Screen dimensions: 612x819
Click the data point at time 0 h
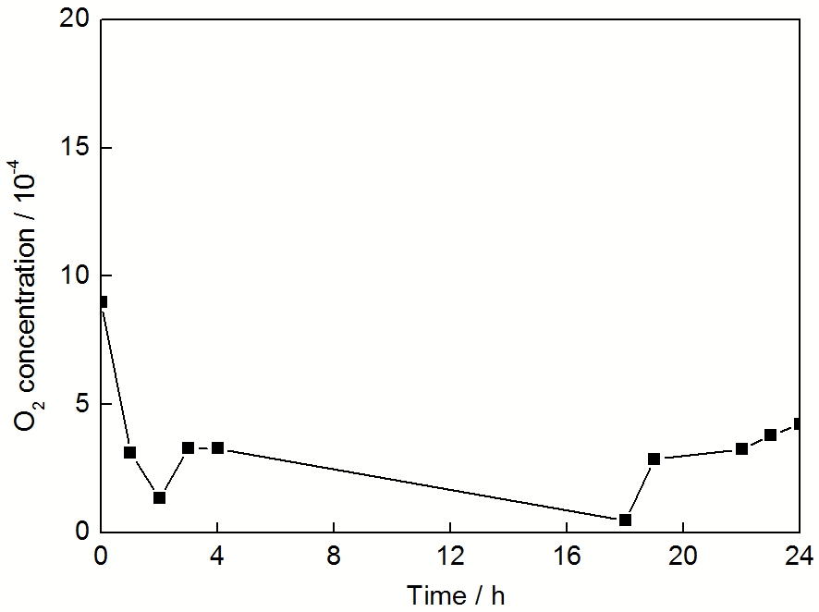(x=102, y=301)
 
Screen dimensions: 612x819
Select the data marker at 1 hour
(x=130, y=452)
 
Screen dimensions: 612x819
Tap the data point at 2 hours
(x=159, y=497)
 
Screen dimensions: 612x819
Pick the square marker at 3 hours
(x=189, y=447)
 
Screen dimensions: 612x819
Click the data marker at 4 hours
(x=217, y=447)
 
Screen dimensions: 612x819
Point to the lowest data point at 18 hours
(x=625, y=520)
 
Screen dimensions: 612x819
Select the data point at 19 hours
(x=654, y=459)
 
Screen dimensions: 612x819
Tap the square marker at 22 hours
(x=741, y=448)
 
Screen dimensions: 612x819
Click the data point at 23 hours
(x=770, y=435)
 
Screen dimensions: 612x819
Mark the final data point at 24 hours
(x=799, y=423)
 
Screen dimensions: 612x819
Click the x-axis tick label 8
(x=334, y=556)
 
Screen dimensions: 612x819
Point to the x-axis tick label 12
(x=450, y=556)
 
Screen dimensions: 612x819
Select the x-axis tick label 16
(x=567, y=556)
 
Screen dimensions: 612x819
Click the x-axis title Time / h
(x=457, y=594)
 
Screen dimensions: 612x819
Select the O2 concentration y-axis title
(x=27, y=295)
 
